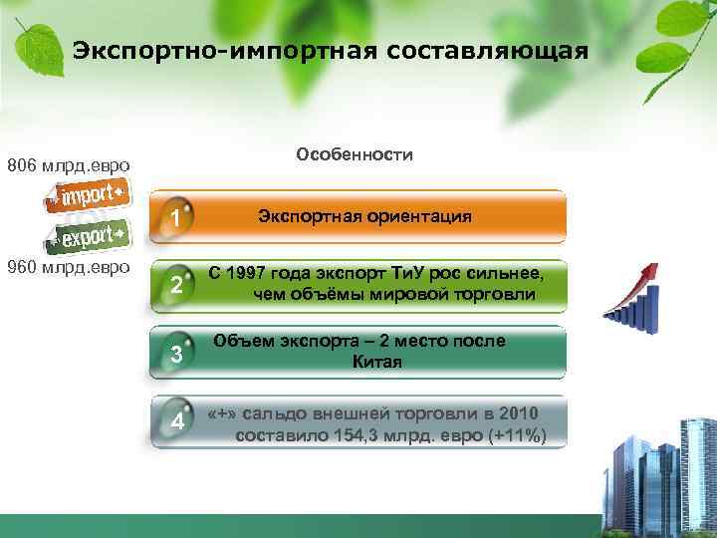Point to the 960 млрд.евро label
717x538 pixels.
68,266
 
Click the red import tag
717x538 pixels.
89,193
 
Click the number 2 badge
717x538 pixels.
175,286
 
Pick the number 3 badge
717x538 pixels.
175,355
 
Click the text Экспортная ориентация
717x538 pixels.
364,216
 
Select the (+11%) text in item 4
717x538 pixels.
509,436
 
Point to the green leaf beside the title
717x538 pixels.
35,45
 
